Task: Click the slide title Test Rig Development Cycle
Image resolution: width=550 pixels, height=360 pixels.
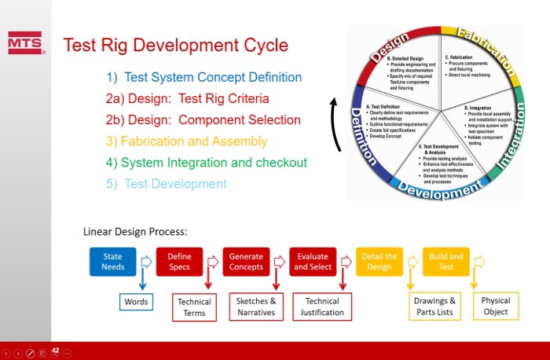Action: (175, 46)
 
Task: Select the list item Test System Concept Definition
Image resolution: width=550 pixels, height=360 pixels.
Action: (204, 78)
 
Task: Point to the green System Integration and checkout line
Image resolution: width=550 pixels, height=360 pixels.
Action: (206, 163)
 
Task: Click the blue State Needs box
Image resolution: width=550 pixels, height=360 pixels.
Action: (112, 262)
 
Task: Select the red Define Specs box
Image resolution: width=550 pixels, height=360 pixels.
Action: (179, 262)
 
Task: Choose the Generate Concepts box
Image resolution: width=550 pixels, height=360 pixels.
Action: (246, 262)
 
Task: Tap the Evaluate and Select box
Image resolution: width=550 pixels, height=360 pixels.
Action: (313, 262)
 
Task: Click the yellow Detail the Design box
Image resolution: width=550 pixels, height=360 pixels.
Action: (379, 262)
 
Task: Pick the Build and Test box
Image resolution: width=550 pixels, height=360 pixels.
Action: (446, 262)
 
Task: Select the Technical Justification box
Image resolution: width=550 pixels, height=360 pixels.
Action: (322, 307)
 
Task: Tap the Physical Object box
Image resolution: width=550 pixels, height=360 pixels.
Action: (495, 306)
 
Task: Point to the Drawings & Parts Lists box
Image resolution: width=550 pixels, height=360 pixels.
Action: (434, 307)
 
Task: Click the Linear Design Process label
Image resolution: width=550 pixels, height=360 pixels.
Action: (134, 233)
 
